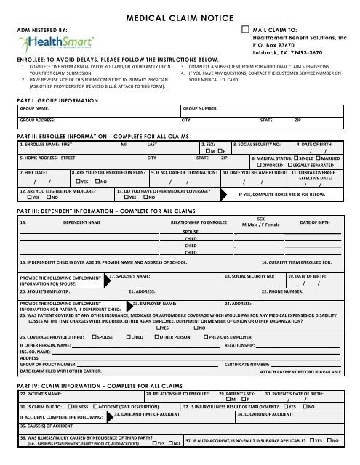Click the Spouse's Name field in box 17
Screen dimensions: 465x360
click(x=163, y=280)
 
